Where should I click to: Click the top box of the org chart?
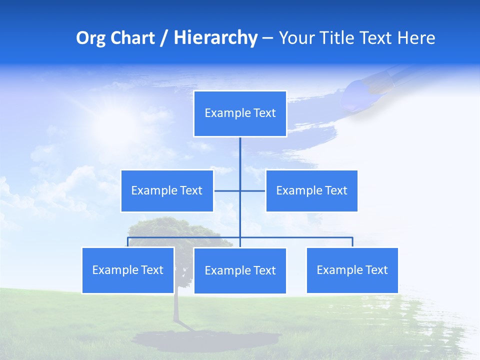[x=240, y=113]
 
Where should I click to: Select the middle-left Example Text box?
[x=167, y=190]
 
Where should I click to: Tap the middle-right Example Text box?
[x=311, y=190]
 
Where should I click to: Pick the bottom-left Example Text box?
[x=128, y=270]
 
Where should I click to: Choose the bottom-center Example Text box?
[x=240, y=270]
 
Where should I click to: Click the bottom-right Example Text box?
[x=352, y=270]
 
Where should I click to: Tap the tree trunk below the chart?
[x=176, y=307]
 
